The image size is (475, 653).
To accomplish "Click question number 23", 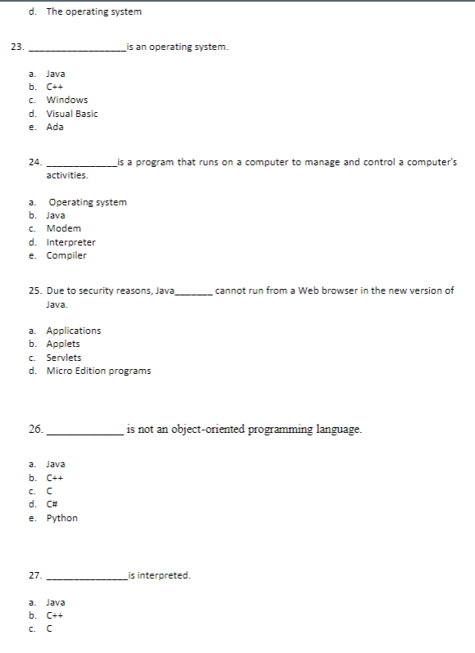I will pos(16,47).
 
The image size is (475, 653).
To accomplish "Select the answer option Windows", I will pos(66,100).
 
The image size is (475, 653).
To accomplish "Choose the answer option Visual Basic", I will pos(71,114).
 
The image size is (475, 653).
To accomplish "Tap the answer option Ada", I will pos(55,127).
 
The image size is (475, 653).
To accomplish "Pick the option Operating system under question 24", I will pos(88,202).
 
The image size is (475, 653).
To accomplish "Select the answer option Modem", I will pos(63,228).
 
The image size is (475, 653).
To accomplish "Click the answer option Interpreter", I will pos(70,242).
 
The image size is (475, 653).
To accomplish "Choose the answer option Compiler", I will pos(66,255).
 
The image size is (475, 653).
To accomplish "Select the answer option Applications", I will pos(74,331).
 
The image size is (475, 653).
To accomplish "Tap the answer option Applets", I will pos(63,344).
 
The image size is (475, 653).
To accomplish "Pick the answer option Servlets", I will pos(63,358).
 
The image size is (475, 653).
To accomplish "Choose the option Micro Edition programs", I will pos(98,371).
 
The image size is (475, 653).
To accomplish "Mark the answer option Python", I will pos(61,518).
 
